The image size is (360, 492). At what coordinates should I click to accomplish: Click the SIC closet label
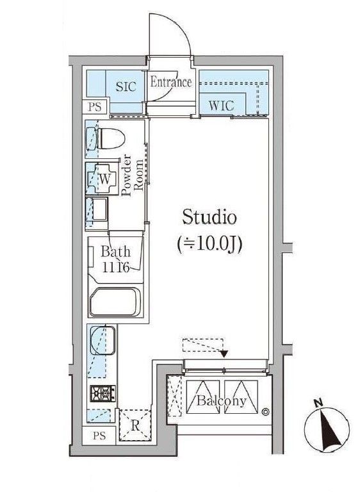click(x=125, y=87)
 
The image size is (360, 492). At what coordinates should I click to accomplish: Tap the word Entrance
click(x=171, y=82)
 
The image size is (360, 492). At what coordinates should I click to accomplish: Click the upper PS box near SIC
click(x=94, y=107)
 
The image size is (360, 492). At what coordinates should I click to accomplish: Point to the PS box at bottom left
click(x=99, y=438)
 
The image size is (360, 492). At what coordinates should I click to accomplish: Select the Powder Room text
click(x=129, y=176)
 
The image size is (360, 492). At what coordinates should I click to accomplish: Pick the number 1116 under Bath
click(x=116, y=268)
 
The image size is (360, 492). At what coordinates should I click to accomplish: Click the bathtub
click(x=115, y=302)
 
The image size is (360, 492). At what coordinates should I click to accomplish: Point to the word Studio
click(x=209, y=218)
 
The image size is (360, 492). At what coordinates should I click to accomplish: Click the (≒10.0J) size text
click(x=209, y=244)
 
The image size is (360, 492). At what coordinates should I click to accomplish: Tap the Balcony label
click(x=221, y=402)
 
